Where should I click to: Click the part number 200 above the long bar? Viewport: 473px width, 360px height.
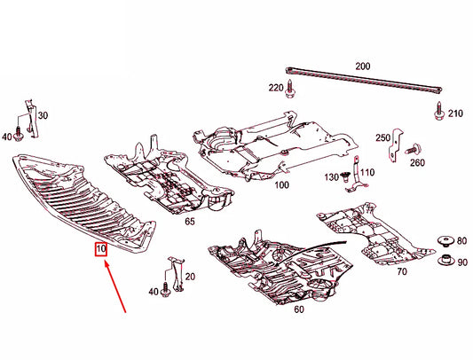(363, 67)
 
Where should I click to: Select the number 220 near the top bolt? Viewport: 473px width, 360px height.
(276, 88)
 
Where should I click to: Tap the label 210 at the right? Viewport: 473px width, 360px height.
(455, 114)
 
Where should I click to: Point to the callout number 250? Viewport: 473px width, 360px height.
(382, 137)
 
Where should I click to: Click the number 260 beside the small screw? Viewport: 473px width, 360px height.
(417, 163)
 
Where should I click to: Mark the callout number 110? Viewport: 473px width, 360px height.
(367, 172)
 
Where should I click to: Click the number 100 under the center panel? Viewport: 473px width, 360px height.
(282, 185)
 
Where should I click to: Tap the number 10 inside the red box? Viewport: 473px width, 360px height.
(102, 250)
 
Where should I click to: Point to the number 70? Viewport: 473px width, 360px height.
(402, 271)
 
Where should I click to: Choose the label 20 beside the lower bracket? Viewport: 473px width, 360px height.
(191, 277)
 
